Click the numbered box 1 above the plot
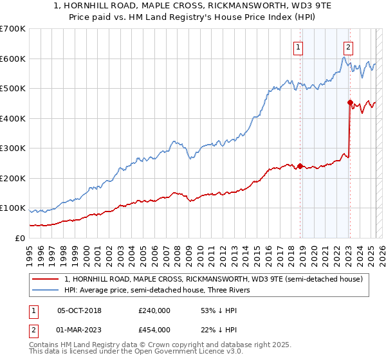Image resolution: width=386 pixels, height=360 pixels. (299, 46)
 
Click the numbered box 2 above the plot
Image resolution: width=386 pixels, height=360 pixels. (348, 46)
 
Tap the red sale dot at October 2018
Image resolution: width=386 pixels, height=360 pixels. (300, 166)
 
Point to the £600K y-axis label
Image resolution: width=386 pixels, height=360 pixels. (12, 59)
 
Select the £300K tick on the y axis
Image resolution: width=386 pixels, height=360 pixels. (12, 148)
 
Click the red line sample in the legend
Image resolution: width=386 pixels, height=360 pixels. (46, 279)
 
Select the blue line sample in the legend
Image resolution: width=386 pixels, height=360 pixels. (46, 290)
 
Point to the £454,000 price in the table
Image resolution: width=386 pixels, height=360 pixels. (154, 330)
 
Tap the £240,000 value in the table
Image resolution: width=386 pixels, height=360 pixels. (154, 310)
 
